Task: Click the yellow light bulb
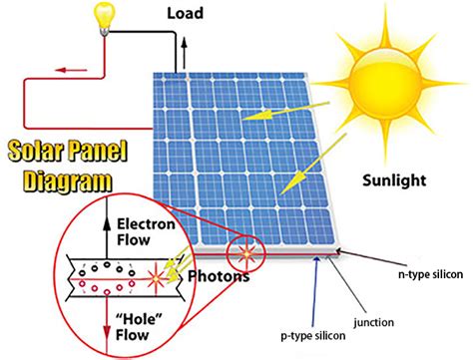point(103,15)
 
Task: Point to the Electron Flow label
point(147,230)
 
